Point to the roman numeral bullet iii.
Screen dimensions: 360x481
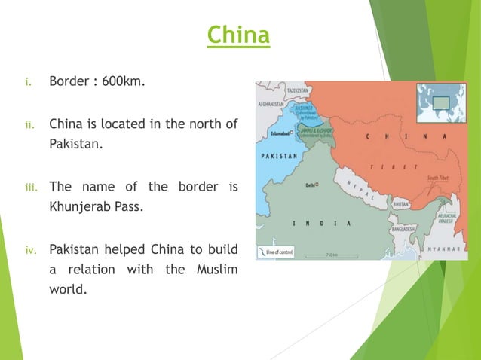point(27,186)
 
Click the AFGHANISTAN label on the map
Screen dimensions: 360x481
point(271,103)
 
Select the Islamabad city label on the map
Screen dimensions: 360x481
point(280,135)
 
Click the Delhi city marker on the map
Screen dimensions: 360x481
point(318,185)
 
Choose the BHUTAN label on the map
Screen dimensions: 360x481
point(401,204)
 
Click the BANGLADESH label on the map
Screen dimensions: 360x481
point(405,227)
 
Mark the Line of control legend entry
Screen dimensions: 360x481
point(277,251)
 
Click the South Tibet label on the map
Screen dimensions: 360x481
point(438,178)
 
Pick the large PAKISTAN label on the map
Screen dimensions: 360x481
point(280,156)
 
